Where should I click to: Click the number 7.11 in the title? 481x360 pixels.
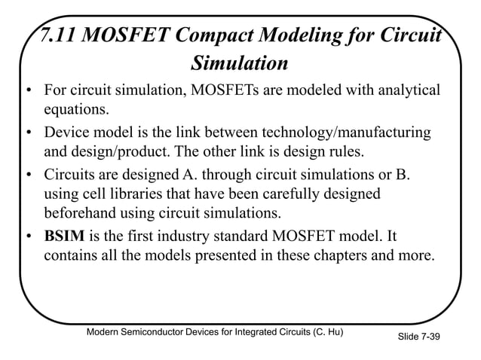tap(59, 35)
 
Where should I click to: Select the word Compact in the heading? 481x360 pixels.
tap(212, 35)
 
